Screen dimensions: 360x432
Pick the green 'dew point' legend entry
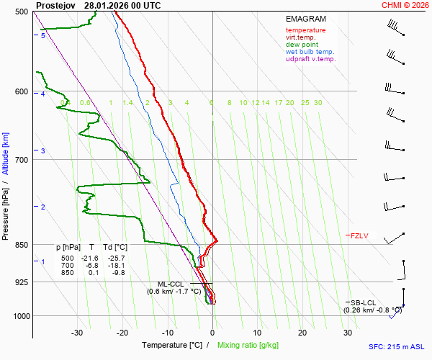coord(302,45)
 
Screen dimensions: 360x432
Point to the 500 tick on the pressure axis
coord(22,12)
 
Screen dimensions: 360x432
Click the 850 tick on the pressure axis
coord(22,245)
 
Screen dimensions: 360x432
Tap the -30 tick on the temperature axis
coord(78,333)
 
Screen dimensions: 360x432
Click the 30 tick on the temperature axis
coord(348,333)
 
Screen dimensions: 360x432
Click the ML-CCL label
coord(171,284)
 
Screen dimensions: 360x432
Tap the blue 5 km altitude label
coord(43,35)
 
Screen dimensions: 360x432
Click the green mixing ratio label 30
coord(318,103)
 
